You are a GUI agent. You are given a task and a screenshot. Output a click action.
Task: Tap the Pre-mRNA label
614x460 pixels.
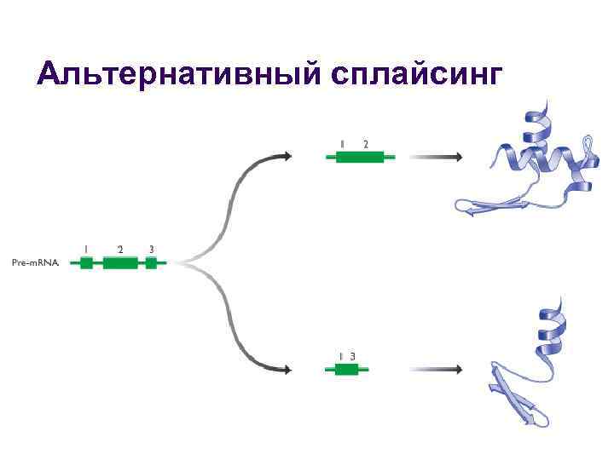36,263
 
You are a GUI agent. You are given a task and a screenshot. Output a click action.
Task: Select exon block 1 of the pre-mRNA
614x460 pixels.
86,263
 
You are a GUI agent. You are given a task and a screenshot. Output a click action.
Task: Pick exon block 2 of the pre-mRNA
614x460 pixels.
120,263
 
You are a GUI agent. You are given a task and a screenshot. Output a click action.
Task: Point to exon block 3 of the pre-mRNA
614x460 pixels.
151,263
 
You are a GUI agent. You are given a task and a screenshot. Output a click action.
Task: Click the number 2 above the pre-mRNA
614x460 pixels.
120,249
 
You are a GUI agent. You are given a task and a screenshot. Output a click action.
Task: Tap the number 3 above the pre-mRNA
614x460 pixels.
151,249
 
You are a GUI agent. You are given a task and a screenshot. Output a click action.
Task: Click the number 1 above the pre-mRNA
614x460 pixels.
85,249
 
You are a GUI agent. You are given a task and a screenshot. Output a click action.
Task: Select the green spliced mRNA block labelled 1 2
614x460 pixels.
360,157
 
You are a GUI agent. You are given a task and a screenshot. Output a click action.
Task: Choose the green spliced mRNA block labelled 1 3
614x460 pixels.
346,369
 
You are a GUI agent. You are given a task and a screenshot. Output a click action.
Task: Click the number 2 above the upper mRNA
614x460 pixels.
366,144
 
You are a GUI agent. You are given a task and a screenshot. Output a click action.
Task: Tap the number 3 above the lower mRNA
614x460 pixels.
352,355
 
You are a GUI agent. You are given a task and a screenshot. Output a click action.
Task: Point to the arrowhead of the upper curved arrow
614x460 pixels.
287,156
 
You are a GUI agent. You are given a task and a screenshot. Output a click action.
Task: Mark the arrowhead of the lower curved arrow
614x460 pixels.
287,369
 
